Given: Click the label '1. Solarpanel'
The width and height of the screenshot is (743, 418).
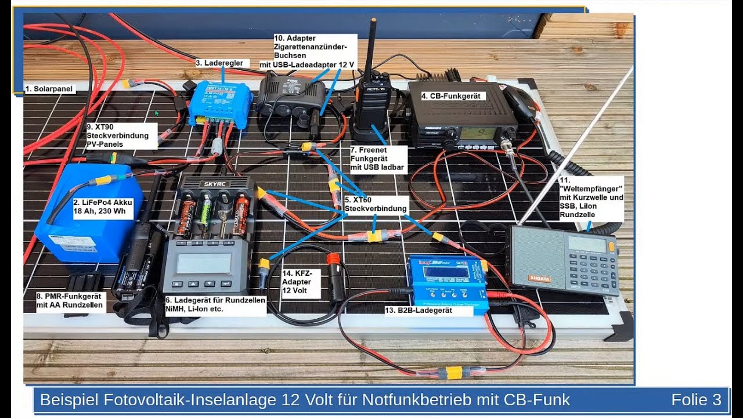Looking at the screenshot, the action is click(x=49, y=89).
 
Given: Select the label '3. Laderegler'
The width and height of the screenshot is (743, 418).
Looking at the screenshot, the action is click(x=222, y=63).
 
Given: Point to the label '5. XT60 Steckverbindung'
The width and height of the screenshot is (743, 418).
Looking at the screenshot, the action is click(x=375, y=204).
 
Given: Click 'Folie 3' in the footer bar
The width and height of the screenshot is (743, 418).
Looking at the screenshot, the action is click(x=696, y=399).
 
